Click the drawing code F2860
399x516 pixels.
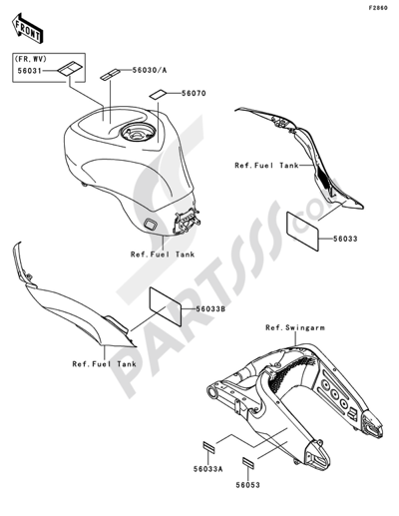377,9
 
